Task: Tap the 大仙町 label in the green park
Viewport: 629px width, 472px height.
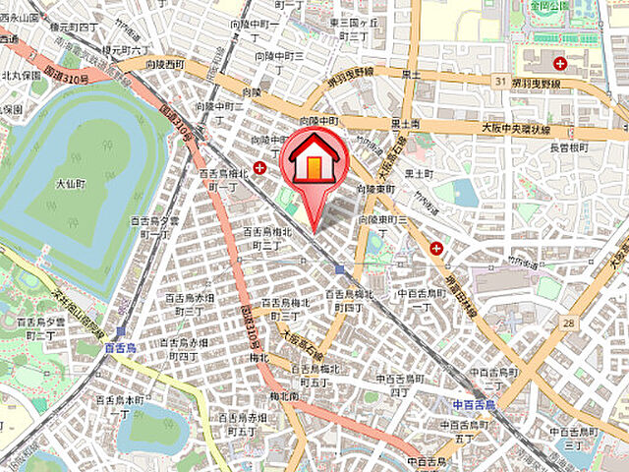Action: coord(71,183)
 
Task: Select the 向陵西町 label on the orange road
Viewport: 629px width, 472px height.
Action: coord(162,65)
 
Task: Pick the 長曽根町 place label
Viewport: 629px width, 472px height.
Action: coord(567,147)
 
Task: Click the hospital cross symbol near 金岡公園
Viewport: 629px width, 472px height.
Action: coord(559,64)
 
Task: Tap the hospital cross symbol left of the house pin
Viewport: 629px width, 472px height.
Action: coord(259,168)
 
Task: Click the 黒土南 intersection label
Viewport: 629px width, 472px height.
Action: coord(406,124)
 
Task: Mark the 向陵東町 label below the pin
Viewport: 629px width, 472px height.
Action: coord(375,187)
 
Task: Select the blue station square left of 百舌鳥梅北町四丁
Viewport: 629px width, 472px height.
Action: coord(339,268)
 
